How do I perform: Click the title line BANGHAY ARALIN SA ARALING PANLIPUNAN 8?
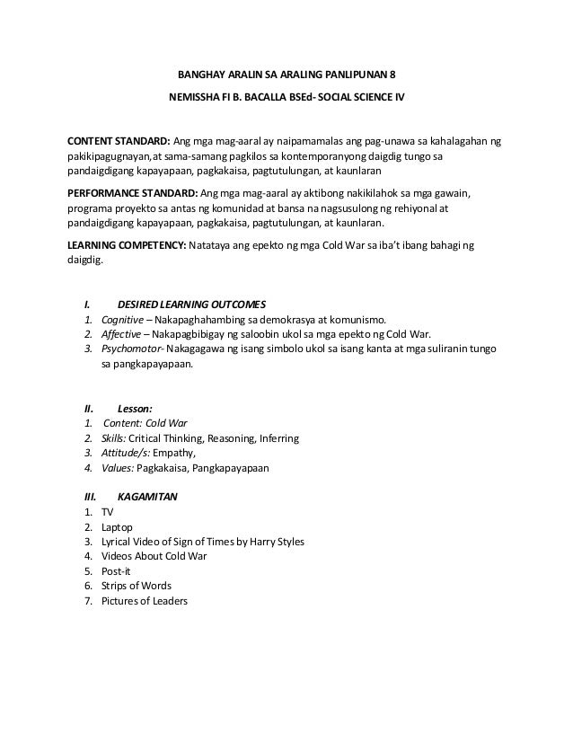pyautogui.click(x=286, y=75)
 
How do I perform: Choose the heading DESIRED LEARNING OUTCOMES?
pyautogui.click(x=191, y=303)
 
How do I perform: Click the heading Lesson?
pyautogui.click(x=135, y=406)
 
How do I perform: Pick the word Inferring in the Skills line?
pyautogui.click(x=278, y=437)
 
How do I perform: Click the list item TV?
pyautogui.click(x=107, y=511)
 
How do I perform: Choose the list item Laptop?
pyautogui.click(x=117, y=526)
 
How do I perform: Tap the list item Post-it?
pyautogui.click(x=116, y=571)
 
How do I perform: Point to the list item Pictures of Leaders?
pyautogui.click(x=144, y=601)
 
